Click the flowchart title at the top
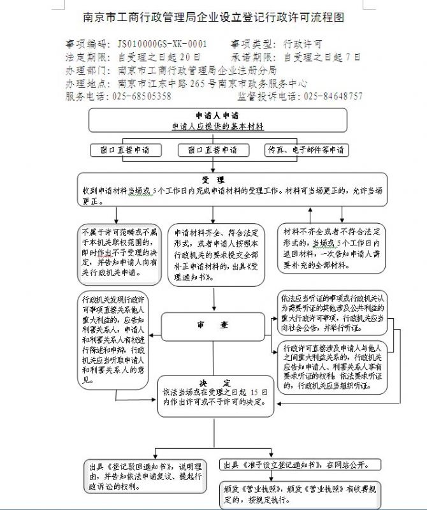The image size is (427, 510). pos(213,18)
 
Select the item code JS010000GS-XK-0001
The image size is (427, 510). pos(163,45)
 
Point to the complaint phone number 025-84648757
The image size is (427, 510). pos(333,96)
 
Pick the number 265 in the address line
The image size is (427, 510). pos(195,84)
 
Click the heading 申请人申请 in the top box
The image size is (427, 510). pos(217,116)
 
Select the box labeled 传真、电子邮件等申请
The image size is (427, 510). pos(305,150)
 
